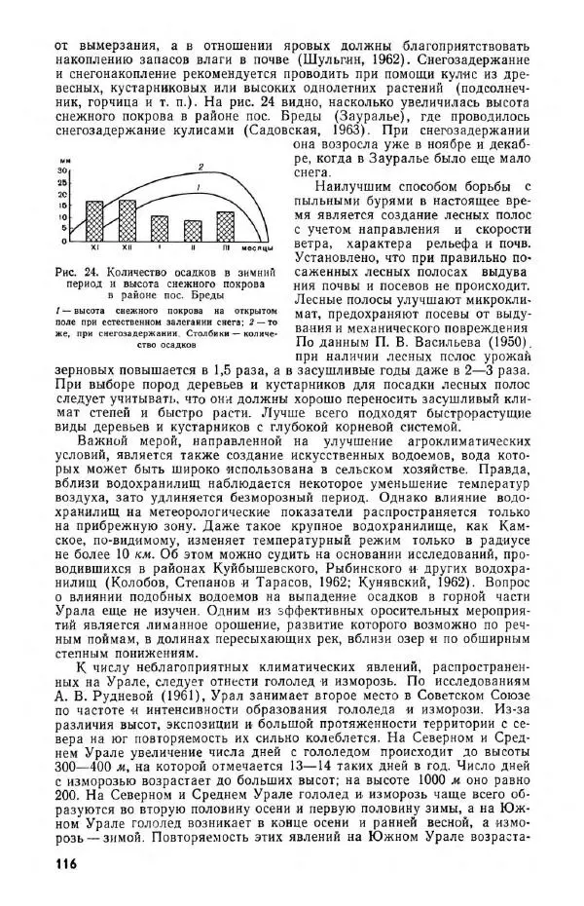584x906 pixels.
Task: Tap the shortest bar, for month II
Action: point(194,232)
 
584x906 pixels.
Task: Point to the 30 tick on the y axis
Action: point(64,170)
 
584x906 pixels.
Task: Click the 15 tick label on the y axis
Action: point(64,208)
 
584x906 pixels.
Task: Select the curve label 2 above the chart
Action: point(200,165)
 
